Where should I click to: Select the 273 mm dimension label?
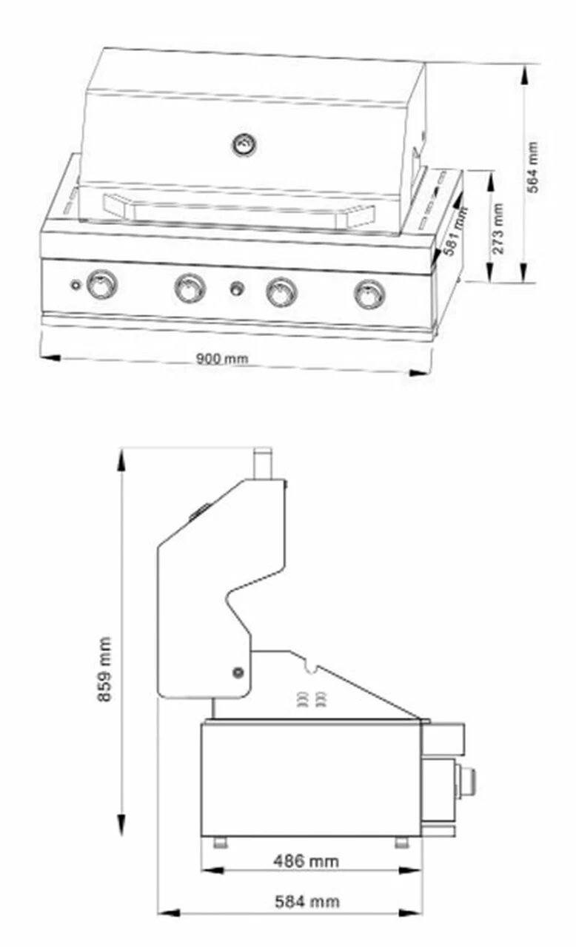[498, 229]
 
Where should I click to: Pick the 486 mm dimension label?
[306, 861]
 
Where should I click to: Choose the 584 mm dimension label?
[307, 901]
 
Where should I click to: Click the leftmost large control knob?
[101, 285]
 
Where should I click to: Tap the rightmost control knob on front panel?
[369, 294]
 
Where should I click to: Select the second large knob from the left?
[190, 288]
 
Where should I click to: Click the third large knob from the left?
[281, 291]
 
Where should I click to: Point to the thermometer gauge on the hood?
[244, 145]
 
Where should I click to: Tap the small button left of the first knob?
[75, 285]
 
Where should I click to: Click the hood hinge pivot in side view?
[238, 672]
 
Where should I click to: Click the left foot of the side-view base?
[221, 842]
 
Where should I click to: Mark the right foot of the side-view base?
[401, 842]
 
